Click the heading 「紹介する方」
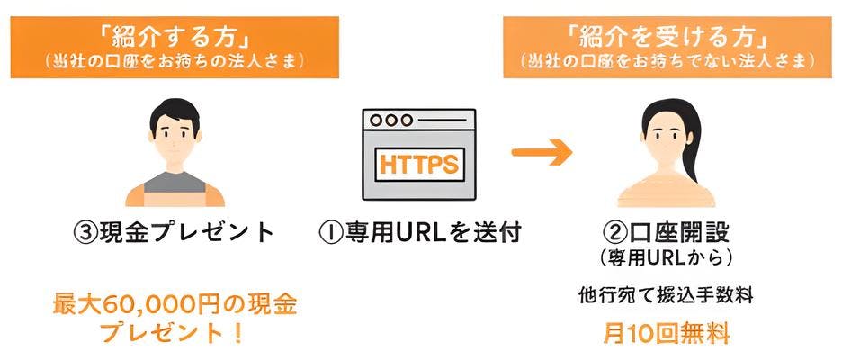tap(175, 38)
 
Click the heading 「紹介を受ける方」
tap(667, 38)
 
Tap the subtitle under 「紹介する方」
tap(175, 62)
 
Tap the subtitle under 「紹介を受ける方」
tap(667, 62)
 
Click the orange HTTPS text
tap(419, 164)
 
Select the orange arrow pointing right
tap(542, 153)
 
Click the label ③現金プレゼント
tap(174, 233)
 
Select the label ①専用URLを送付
tap(420, 233)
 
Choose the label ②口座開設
tap(667, 231)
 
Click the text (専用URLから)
tap(666, 259)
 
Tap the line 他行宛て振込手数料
tap(666, 294)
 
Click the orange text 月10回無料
tap(666, 334)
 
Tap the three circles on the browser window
tap(391, 121)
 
